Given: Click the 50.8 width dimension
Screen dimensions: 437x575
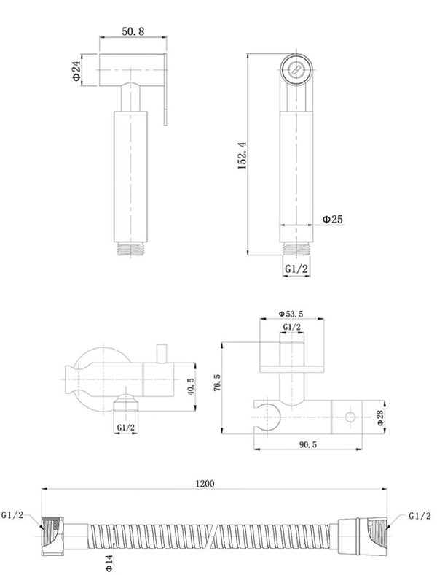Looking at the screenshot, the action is (133, 31).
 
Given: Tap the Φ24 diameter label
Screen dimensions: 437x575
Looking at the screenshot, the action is (76, 71).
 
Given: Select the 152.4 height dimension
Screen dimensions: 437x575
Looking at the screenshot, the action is (243, 155).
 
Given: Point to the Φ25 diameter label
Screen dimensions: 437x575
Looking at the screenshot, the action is (333, 220).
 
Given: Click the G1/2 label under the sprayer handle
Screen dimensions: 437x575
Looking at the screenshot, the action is (296, 269).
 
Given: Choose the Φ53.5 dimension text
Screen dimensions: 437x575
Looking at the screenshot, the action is (291, 314).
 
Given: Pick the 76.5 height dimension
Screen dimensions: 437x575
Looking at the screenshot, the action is (217, 383).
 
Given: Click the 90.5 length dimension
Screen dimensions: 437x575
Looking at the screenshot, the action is (308, 445).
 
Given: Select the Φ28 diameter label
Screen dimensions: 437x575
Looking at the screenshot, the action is (381, 417).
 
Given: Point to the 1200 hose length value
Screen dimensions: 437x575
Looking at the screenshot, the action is (205, 484).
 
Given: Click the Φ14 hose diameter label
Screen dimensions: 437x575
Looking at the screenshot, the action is (109, 562).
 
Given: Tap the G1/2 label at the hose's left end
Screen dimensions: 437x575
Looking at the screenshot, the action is (12, 515).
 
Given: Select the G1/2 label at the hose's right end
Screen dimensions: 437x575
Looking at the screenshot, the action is (420, 516).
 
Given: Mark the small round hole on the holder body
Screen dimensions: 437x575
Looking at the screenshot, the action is (350, 417).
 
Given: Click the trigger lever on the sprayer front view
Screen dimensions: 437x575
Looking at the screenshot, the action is (165, 90).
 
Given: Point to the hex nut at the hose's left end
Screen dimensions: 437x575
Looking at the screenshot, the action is (53, 536).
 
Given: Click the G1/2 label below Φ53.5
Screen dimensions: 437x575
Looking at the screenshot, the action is (292, 327).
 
